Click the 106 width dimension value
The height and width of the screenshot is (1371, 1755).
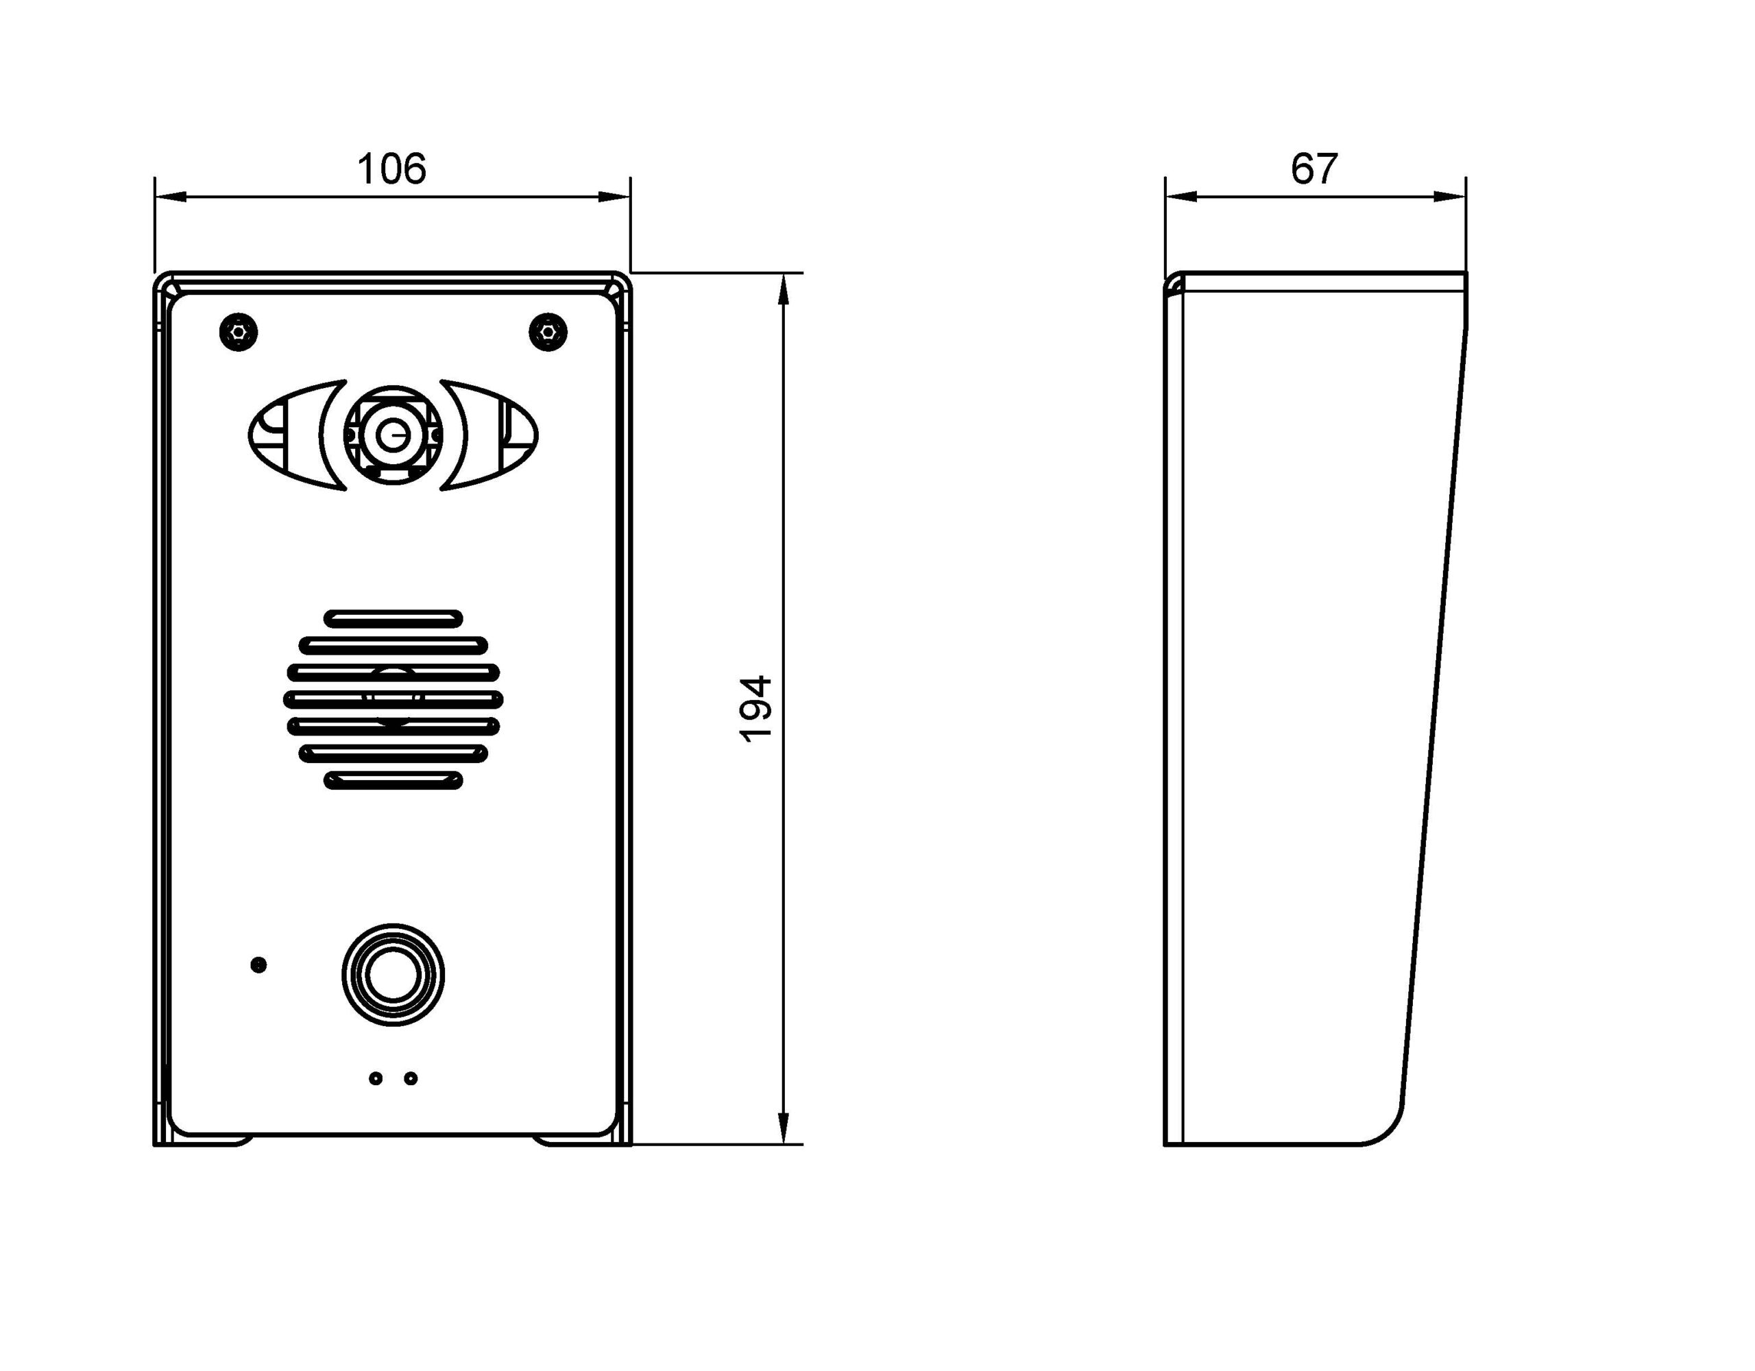tap(391, 169)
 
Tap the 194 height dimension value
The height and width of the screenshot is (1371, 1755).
tap(755, 709)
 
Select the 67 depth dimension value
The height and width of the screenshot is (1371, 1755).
tap(1315, 169)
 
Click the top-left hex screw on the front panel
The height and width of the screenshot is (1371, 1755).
tap(239, 331)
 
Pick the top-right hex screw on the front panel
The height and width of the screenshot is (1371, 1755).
tap(548, 331)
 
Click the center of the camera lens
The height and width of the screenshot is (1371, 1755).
tap(393, 435)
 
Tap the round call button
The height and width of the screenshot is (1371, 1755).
tap(393, 975)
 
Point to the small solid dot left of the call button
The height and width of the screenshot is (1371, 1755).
tap(258, 964)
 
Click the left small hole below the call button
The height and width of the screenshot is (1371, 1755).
tap(375, 1078)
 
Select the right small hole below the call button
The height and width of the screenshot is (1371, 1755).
tap(411, 1078)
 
